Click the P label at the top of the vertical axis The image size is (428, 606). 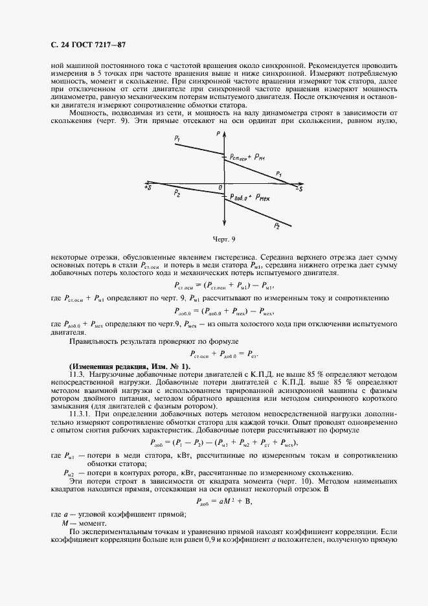(218, 133)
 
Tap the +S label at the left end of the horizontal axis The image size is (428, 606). (148, 187)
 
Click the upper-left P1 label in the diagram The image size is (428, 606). (177, 139)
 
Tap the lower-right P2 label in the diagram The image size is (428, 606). (276, 226)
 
